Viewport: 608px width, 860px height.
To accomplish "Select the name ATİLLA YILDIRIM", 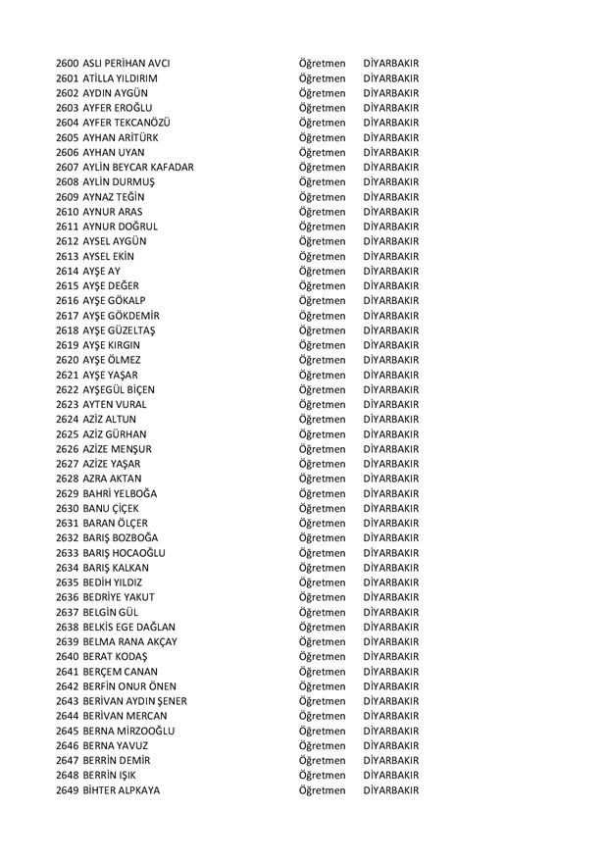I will coord(121,77).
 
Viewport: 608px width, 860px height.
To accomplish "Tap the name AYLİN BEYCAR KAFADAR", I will coord(138,167).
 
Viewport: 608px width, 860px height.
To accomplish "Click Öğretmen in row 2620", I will coord(323,360).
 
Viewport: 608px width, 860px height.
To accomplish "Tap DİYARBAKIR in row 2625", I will coord(390,434).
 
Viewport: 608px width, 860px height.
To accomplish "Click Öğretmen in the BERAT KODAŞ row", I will coord(323,657).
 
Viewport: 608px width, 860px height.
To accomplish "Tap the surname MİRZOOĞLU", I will coord(148,731).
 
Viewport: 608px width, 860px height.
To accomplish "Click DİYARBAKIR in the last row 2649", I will coord(390,790).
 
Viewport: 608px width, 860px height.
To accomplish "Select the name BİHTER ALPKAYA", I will coord(122,790).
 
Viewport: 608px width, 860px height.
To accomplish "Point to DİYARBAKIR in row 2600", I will coord(390,63).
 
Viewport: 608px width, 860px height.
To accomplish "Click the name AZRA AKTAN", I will coord(113,479).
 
